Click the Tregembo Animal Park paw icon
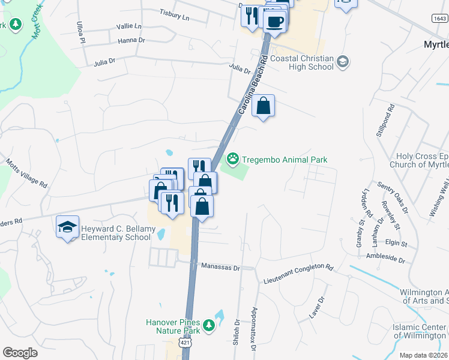coord(232,160)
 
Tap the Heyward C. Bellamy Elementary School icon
coord(67,226)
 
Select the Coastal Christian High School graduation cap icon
coord(343,62)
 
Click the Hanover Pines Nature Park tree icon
coord(208,326)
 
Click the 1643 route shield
coord(439,19)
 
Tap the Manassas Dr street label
coord(220,266)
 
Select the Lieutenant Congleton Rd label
coord(298,274)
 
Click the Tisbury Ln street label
coord(175,14)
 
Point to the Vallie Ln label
coord(129,26)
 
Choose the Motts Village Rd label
coord(26,173)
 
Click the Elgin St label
coord(397,244)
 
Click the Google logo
coord(20,353)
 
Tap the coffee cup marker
coord(274,22)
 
